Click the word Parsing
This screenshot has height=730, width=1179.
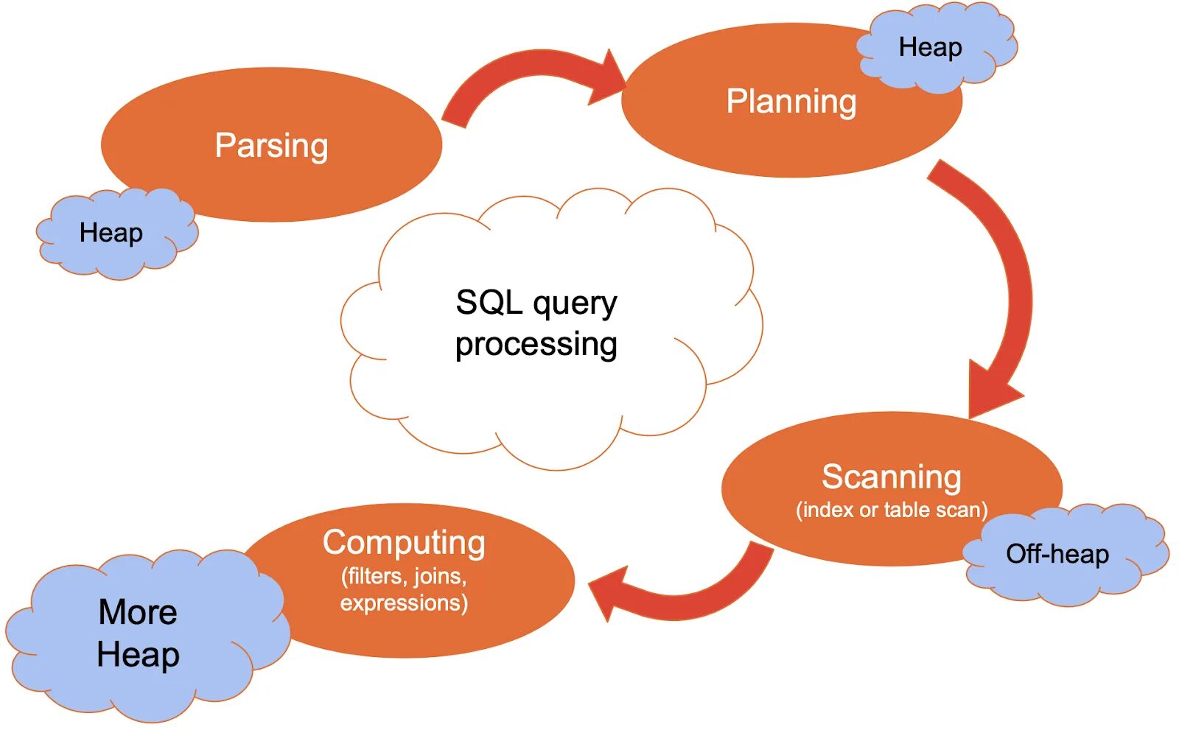tap(272, 146)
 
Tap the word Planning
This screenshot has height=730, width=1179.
tap(791, 102)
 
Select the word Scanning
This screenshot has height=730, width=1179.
tap(892, 477)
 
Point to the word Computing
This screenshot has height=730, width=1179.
tap(404, 543)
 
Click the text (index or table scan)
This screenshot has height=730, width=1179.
tap(892, 510)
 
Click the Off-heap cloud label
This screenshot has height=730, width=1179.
tap(1057, 554)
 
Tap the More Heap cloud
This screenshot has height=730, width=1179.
tap(147, 635)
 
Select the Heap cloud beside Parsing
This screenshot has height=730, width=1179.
tap(117, 234)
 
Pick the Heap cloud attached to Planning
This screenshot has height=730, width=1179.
tap(937, 47)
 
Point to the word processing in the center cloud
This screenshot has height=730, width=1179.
tap(536, 345)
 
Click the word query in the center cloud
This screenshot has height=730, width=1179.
tap(575, 304)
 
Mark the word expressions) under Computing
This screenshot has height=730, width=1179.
tap(404, 603)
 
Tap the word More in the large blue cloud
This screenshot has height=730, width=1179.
tap(138, 612)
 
